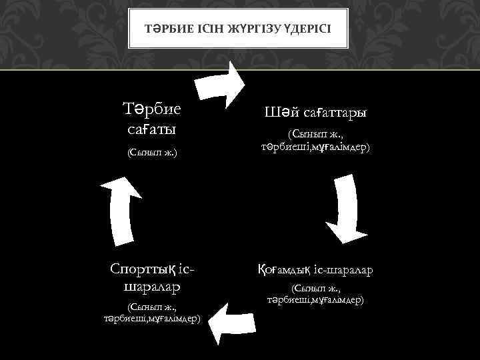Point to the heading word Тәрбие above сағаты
153,109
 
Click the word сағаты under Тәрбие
153,127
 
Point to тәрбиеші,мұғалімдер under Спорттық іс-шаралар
153,318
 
